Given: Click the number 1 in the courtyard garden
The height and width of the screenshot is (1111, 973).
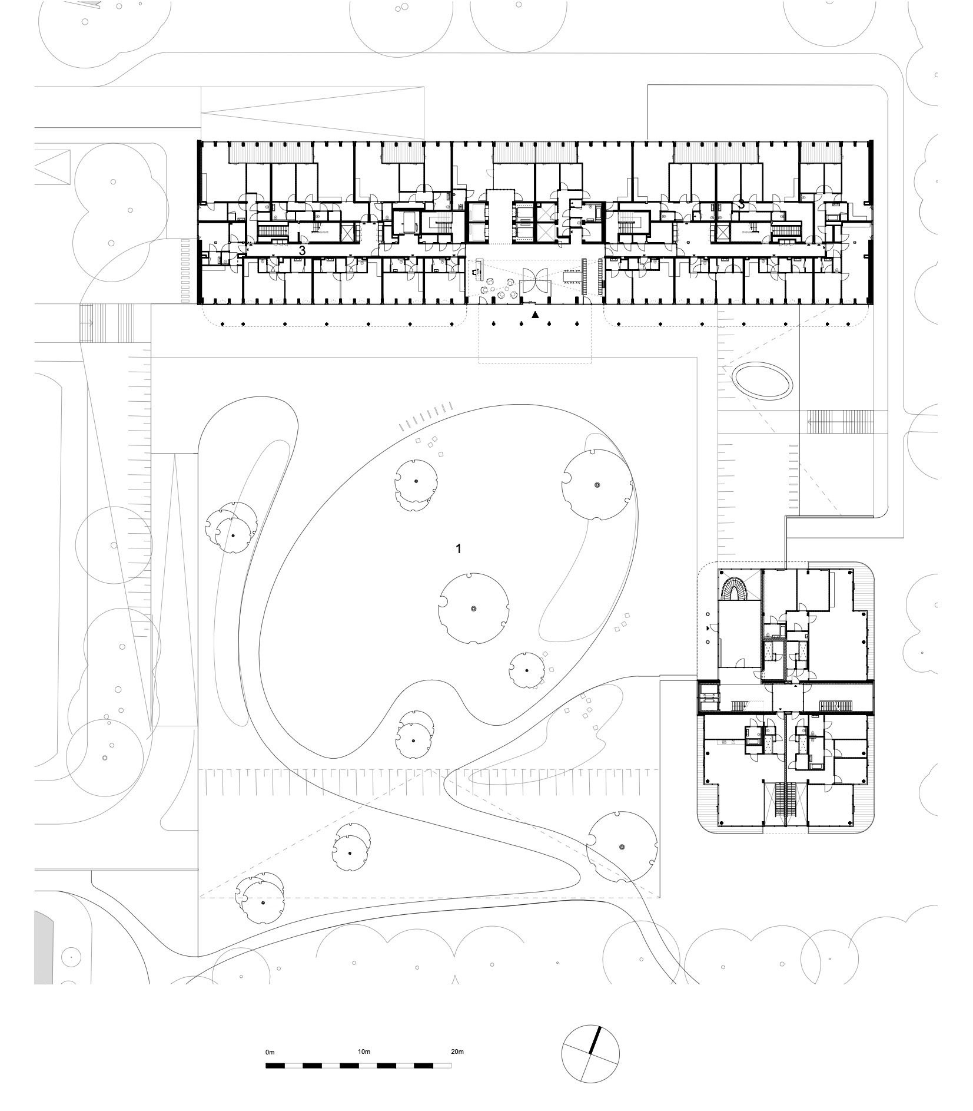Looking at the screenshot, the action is coord(459,549).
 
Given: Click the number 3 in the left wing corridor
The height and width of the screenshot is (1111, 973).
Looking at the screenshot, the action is coord(302,250).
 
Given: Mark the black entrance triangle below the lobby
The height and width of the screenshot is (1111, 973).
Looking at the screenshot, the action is coord(535,315).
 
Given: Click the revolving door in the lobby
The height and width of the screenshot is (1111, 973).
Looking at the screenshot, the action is coord(535,280).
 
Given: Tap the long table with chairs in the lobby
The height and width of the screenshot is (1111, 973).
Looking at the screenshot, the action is coord(570,275).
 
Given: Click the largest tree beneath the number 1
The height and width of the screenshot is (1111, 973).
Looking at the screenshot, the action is coord(473,609).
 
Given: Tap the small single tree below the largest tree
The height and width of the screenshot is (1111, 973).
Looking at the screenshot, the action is coord(527,670).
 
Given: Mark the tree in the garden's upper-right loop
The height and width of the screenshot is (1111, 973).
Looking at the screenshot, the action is coord(597,484).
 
